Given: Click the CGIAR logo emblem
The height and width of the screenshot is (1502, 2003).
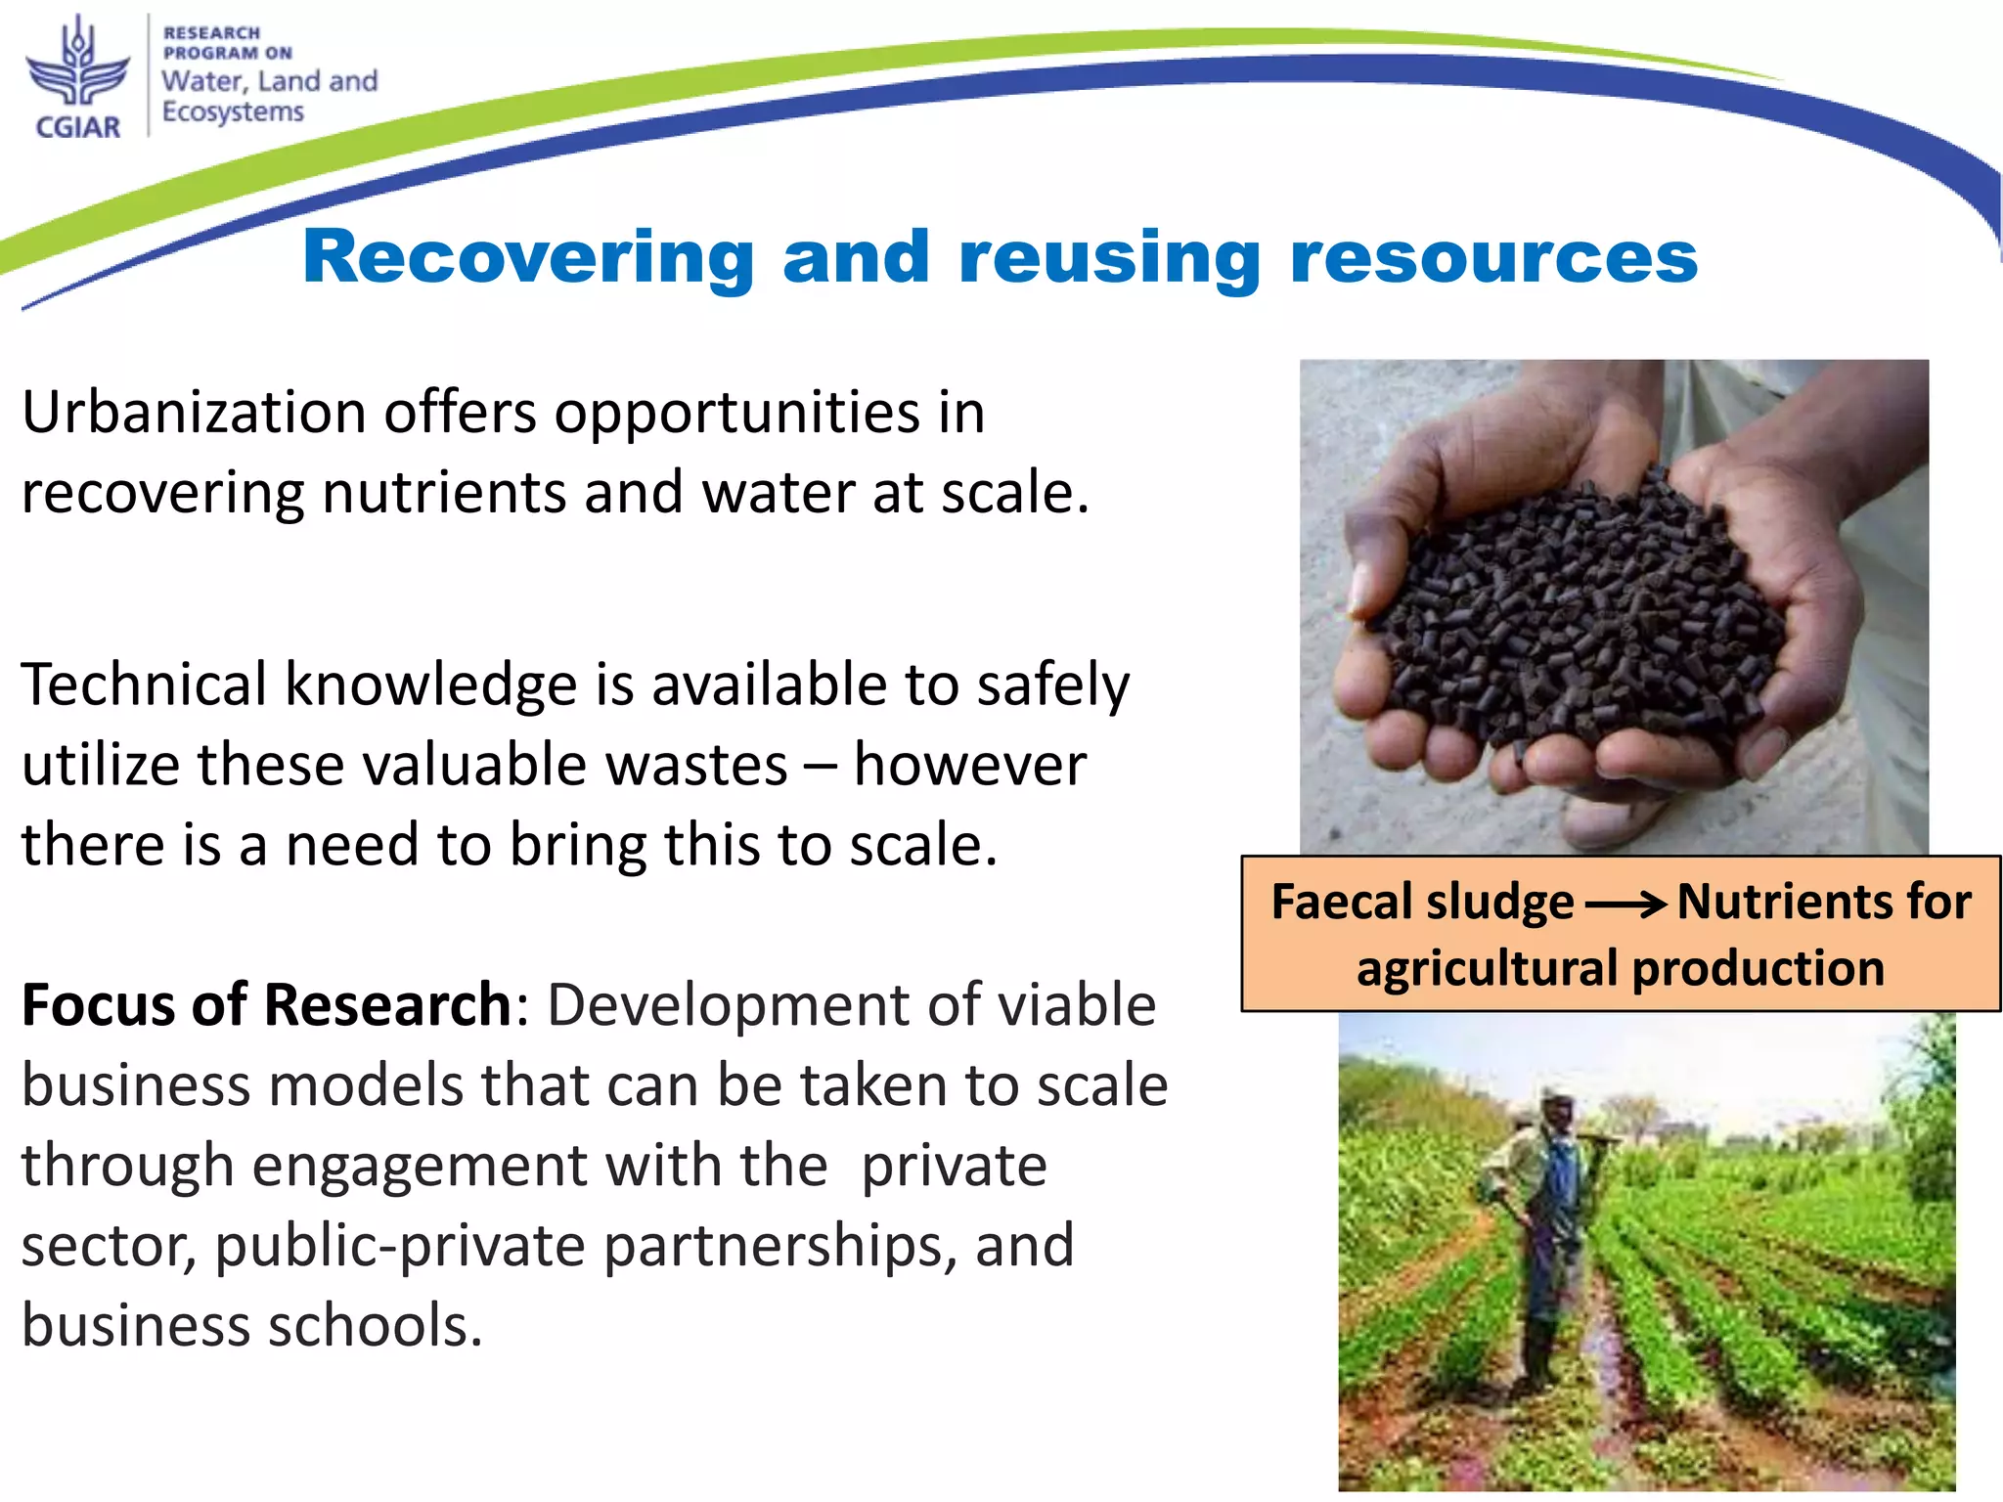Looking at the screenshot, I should pyautogui.click(x=77, y=65).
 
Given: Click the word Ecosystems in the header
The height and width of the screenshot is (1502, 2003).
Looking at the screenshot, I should pyautogui.click(x=233, y=112).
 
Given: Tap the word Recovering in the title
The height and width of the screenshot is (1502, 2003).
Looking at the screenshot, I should pyautogui.click(x=528, y=256).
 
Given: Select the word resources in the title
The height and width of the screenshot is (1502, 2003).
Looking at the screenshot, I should pyautogui.click(x=1493, y=256).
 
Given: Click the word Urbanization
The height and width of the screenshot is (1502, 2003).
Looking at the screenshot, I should pyautogui.click(x=193, y=412).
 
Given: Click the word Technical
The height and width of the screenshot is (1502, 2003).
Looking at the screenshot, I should pyautogui.click(x=144, y=684).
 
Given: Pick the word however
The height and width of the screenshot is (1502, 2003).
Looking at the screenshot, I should pyautogui.click(x=969, y=764).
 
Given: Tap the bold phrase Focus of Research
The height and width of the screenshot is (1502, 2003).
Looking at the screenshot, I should pyautogui.click(x=266, y=1004).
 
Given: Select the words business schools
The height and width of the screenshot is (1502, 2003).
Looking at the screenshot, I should pyautogui.click(x=251, y=1326).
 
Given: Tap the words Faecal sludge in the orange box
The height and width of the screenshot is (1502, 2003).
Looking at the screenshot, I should pyautogui.click(x=1422, y=902).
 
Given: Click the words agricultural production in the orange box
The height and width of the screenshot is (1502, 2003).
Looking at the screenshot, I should pyautogui.click(x=1621, y=968).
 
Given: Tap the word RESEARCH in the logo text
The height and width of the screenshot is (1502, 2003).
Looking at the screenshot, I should pyautogui.click(x=211, y=33).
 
